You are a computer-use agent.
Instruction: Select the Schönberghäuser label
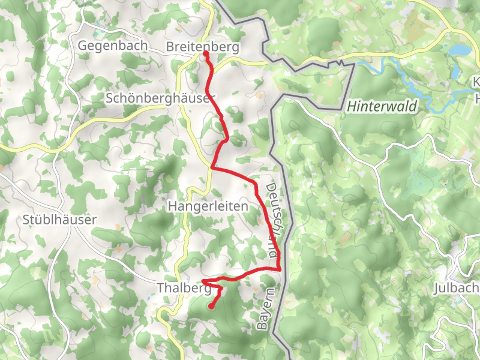pos(160,98)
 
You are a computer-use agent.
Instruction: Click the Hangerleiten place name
pos(208,206)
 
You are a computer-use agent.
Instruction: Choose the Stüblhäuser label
pos(59,220)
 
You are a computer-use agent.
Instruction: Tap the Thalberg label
pos(184,288)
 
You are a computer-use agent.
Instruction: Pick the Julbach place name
pos(455,289)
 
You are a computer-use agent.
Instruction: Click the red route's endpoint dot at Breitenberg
pos(205,53)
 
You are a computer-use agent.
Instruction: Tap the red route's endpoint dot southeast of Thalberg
pos(211,307)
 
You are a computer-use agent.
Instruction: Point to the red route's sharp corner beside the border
pos(280,269)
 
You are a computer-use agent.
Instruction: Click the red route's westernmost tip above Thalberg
pos(203,281)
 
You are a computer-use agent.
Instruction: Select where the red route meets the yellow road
pos(212,167)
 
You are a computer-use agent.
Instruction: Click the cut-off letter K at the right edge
pos(476,82)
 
